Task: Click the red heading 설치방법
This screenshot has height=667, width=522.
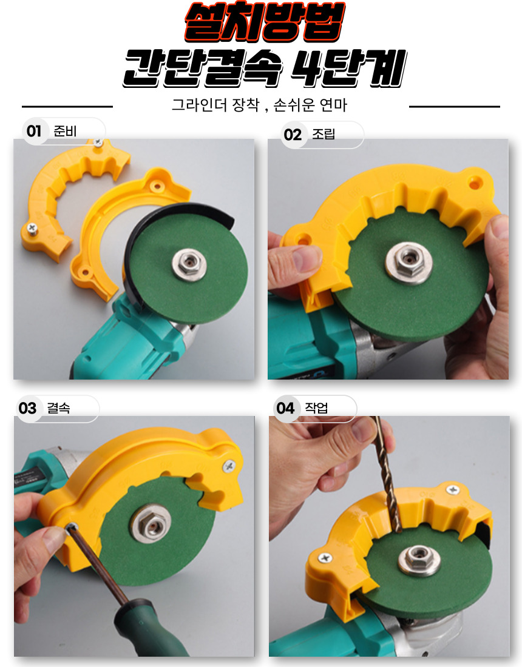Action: [264, 22]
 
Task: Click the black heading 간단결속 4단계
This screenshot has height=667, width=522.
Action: [265, 68]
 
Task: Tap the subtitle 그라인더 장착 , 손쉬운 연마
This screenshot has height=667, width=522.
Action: [259, 105]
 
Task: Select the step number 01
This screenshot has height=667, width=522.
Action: [33, 131]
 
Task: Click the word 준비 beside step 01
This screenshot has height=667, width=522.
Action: [65, 131]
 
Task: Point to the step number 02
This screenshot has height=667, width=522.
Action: [293, 135]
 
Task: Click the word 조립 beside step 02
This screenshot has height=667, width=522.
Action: [324, 134]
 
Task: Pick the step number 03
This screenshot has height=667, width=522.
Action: [28, 408]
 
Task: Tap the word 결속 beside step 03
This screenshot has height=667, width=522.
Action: [58, 408]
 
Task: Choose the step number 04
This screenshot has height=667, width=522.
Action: [285, 408]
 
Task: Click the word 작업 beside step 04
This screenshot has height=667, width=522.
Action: [316, 408]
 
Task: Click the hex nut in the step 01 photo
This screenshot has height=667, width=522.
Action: [189, 264]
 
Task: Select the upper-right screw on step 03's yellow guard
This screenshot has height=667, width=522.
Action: [229, 467]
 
